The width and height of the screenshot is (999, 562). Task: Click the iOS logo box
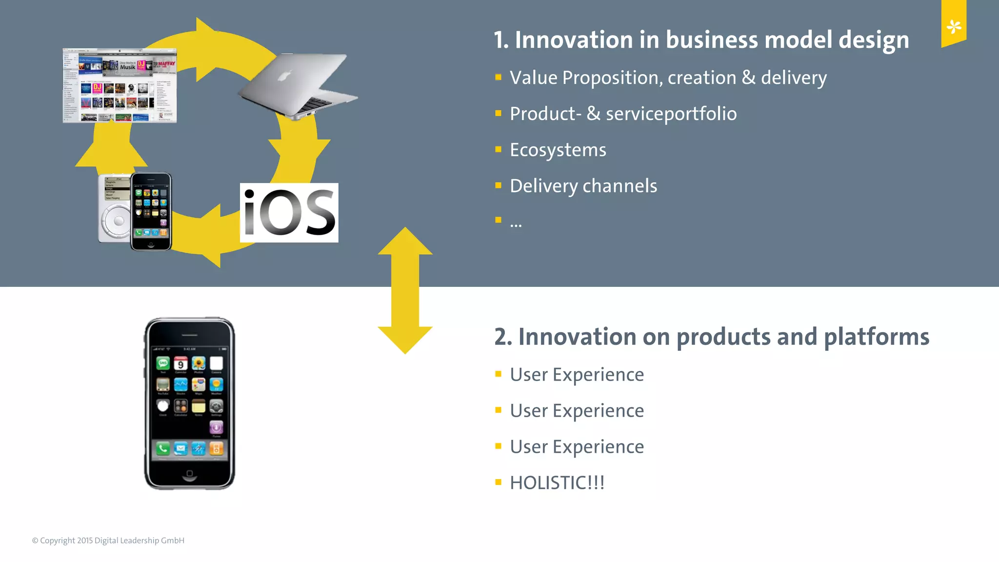click(289, 213)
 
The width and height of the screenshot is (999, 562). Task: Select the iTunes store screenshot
click(120, 85)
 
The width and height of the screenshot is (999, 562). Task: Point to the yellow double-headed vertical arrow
click(405, 290)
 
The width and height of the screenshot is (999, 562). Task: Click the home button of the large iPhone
click(190, 474)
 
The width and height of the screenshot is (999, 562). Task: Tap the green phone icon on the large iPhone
click(163, 448)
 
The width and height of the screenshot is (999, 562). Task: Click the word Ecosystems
click(558, 150)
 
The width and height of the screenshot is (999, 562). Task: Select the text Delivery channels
click(583, 186)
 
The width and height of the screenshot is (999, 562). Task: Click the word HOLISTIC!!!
click(557, 483)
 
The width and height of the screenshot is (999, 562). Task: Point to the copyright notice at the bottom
click(108, 541)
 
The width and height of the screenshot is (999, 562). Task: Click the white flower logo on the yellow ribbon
click(954, 26)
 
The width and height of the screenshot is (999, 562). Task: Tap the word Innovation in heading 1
click(574, 40)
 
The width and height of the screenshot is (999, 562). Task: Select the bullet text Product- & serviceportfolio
click(623, 114)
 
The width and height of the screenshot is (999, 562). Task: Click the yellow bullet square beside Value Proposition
click(498, 77)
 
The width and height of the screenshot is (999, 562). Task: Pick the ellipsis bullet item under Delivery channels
click(516, 223)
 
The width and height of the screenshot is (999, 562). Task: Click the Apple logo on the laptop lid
click(285, 76)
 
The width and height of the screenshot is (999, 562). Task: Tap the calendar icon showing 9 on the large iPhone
click(180, 364)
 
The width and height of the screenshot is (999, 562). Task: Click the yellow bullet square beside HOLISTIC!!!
click(498, 482)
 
